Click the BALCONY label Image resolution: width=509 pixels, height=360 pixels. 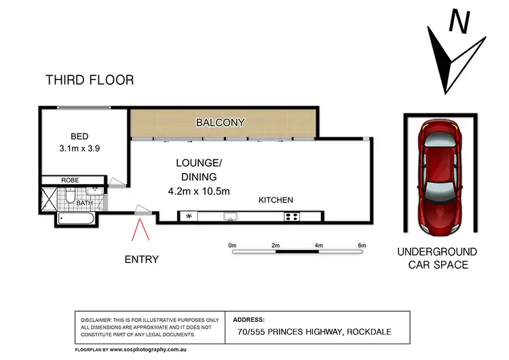point(221,123)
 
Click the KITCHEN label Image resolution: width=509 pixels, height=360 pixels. point(276,200)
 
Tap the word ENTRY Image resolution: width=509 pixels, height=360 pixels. point(142,259)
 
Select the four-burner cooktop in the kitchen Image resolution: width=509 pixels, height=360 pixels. point(292,217)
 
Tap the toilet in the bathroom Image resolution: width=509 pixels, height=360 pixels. point(71,198)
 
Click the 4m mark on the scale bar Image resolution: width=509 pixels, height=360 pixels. point(318,245)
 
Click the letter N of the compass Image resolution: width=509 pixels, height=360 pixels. point(461,22)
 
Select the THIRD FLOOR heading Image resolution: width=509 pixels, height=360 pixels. point(90,80)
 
